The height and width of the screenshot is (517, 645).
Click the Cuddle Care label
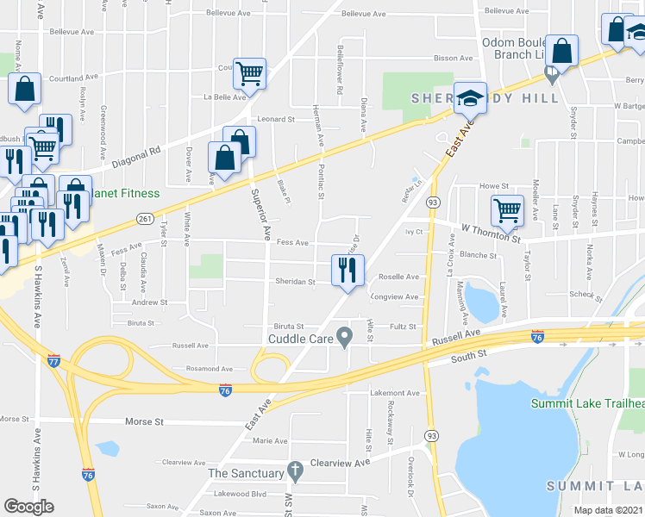coord(301,339)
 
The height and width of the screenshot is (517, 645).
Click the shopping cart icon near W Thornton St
coord(507,209)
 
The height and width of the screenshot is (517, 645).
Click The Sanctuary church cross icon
coord(295,471)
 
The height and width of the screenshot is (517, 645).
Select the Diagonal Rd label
coord(142,149)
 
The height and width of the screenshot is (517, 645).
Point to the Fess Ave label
coord(292,243)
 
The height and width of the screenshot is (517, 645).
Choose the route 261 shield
coord(145,219)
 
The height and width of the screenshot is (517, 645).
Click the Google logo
coord(28,507)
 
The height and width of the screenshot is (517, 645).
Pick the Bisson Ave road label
coord(454,58)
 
